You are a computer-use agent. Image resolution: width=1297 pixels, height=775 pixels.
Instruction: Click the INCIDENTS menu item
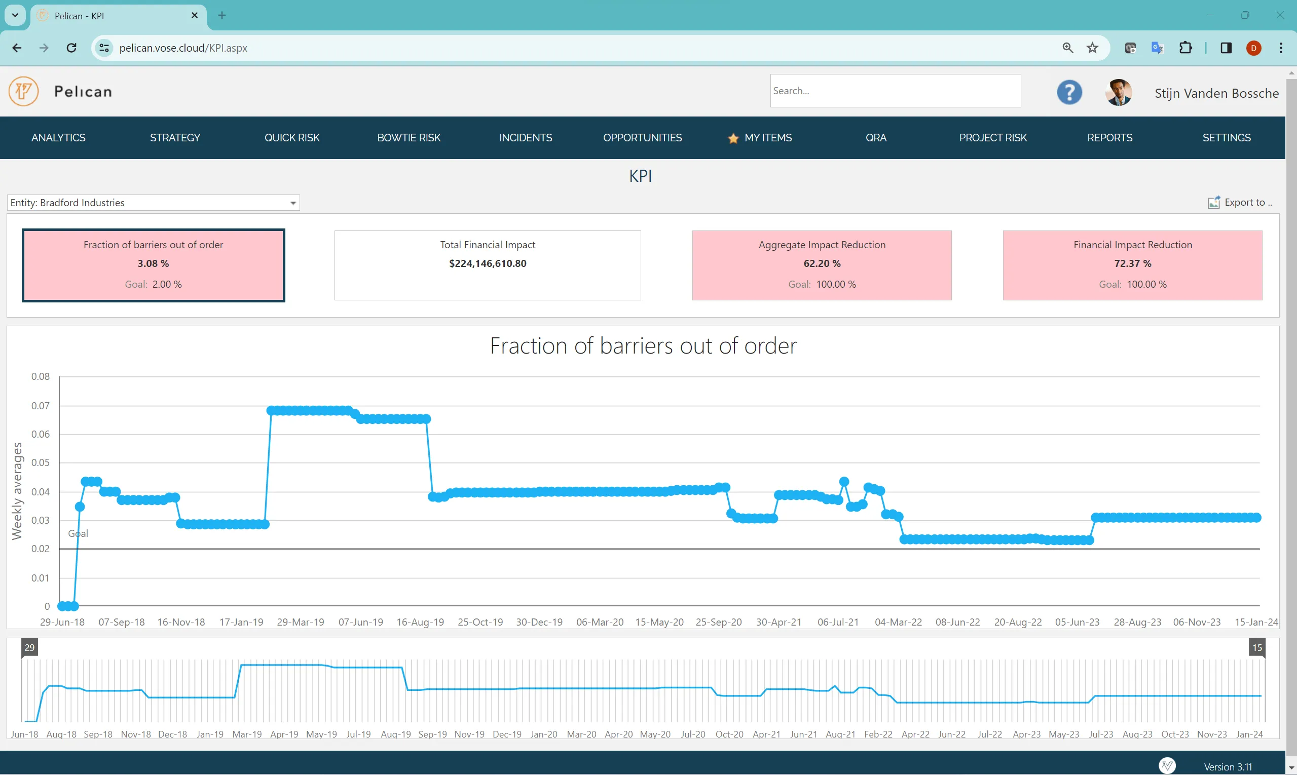525,138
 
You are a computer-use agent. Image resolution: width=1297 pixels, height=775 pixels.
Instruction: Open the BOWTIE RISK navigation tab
409,138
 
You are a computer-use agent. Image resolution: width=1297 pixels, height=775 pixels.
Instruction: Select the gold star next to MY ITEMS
733,138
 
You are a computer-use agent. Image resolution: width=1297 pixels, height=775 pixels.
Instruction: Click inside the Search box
895,91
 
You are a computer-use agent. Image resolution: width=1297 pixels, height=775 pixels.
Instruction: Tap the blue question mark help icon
1069,92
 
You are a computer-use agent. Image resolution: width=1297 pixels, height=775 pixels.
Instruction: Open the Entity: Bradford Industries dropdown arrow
293,203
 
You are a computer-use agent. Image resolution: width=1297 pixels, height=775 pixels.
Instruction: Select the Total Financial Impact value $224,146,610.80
488,264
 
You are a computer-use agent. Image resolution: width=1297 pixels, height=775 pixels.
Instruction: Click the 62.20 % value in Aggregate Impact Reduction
822,264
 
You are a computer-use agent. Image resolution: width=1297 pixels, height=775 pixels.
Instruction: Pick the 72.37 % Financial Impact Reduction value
1132,264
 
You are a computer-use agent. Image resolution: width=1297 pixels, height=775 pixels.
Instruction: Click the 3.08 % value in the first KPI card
153,264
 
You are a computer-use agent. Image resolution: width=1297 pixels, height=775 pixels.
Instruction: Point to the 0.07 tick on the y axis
40,406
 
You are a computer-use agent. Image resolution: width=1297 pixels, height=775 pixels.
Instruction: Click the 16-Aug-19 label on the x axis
420,622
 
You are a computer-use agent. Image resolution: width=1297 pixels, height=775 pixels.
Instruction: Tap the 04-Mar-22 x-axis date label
898,622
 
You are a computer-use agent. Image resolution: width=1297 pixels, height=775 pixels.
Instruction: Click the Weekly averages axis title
17,491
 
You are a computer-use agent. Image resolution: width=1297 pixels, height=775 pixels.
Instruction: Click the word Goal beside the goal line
78,533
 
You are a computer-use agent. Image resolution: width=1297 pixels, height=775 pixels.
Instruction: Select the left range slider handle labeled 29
29,647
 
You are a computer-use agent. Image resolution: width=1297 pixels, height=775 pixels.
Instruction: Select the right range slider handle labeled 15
1257,647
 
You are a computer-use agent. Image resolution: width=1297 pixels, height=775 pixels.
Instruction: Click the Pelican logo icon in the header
23,91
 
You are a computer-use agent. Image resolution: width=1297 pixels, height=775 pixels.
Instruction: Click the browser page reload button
71,48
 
